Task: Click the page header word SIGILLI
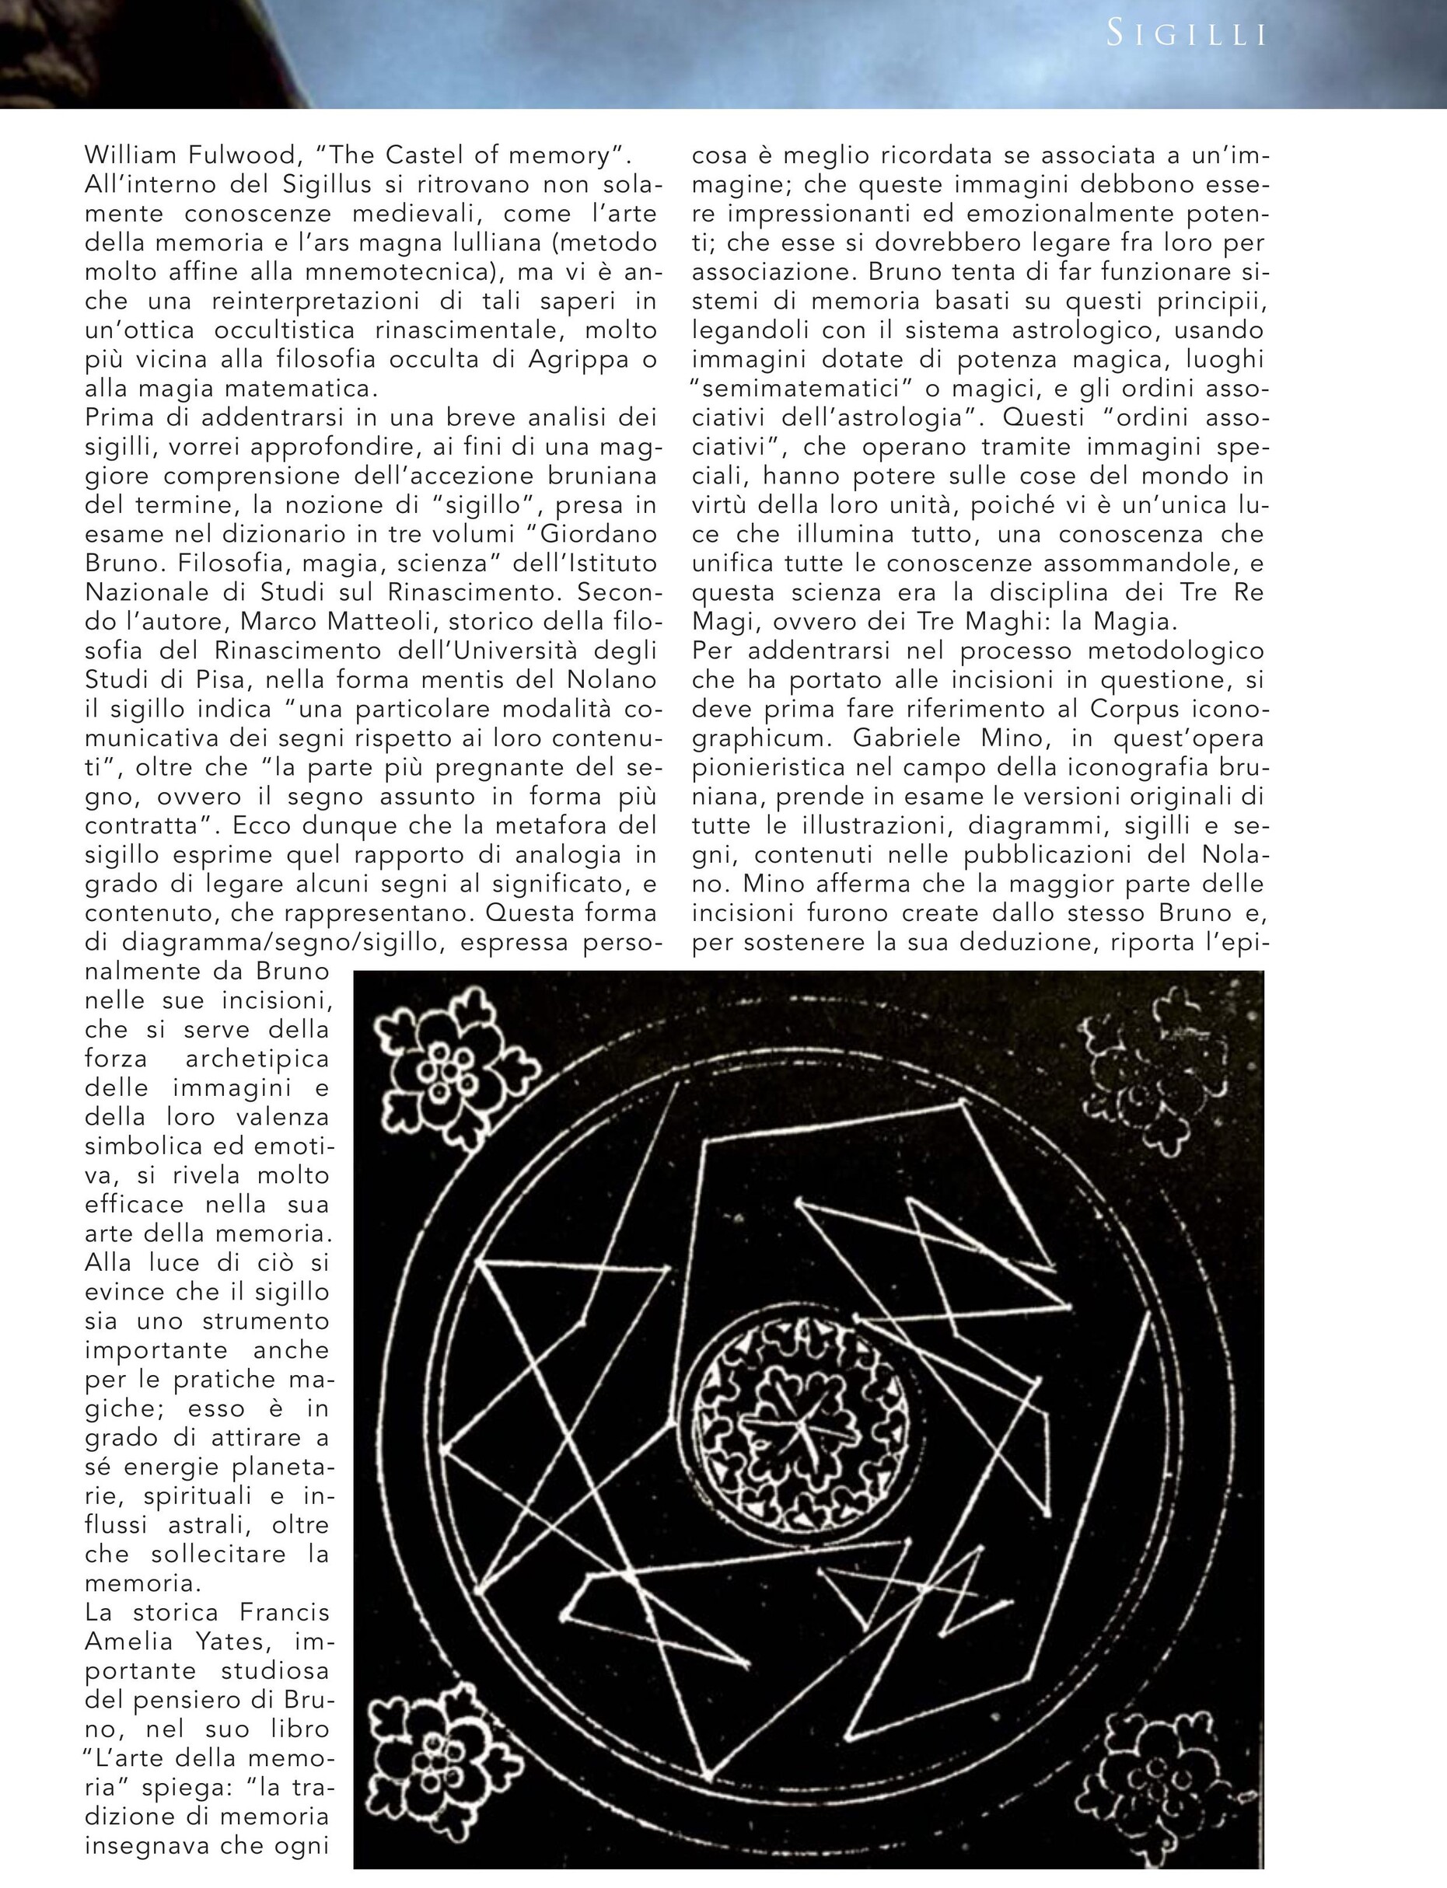click(x=1186, y=34)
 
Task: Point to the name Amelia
click(x=128, y=1641)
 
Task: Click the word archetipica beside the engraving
click(x=257, y=1059)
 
